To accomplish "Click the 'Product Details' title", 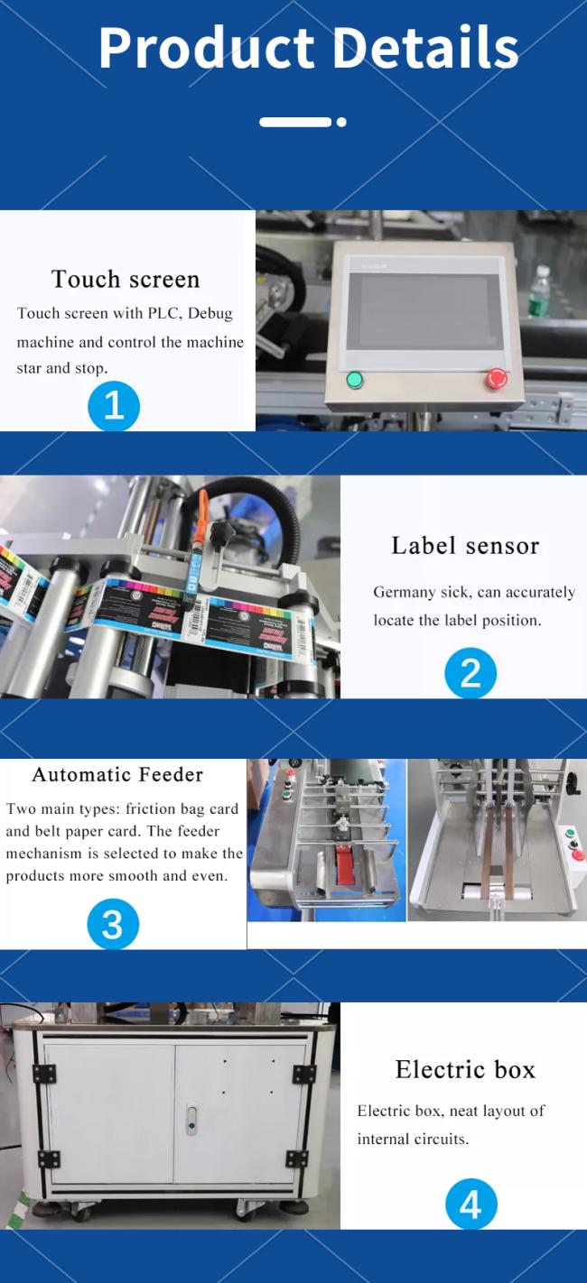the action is click(309, 48).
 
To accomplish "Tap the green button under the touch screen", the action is click(355, 379).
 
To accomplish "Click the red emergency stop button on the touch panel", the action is click(497, 378).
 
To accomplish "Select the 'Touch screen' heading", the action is click(126, 279).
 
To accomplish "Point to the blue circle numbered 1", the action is click(114, 406).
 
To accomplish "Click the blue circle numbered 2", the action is click(471, 672).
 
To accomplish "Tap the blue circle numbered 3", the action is click(113, 924).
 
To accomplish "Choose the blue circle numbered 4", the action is click(471, 1204).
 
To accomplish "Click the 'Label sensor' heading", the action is click(465, 545).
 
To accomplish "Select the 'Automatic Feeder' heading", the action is click(117, 774).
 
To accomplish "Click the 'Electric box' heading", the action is click(465, 1069).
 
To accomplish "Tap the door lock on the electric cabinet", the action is click(191, 1119).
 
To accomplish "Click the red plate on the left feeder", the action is click(345, 865).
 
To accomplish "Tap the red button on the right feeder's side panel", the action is click(578, 855).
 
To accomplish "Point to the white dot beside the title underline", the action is click(341, 122).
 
